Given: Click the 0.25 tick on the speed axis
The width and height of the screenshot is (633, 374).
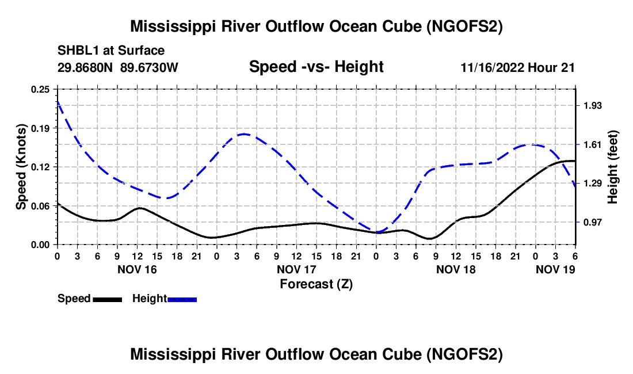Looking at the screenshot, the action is point(40,89).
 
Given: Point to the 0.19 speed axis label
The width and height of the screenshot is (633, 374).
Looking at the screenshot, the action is point(40,128).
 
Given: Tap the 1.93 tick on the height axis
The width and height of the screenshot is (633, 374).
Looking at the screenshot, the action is point(593,106).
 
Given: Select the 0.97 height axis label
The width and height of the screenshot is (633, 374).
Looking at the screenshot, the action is point(593,222).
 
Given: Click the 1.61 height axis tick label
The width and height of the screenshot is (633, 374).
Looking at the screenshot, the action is point(593,144).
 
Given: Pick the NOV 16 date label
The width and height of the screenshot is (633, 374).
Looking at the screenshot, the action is point(138,269).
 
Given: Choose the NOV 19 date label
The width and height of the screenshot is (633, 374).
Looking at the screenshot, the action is point(555,269).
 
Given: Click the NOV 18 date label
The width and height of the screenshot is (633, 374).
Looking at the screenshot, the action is point(456,269).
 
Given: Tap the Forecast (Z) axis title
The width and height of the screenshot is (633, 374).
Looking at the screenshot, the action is point(316,284).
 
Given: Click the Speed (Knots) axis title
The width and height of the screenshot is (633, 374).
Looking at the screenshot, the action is point(21,167).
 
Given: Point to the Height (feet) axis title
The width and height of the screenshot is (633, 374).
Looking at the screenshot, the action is point(612,167).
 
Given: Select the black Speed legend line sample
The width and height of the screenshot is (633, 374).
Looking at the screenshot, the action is point(108,299).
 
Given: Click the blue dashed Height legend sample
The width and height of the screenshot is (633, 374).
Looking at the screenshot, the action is point(182,299).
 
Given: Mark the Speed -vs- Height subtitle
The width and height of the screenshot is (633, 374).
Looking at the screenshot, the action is point(316,67).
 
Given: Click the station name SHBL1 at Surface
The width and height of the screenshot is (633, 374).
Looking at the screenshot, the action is point(111,51).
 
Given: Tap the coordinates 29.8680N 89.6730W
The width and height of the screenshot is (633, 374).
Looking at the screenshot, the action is point(118,67).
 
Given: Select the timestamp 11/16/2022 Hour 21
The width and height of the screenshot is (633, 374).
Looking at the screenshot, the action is point(518,67).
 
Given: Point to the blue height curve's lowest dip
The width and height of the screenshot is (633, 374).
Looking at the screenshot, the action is point(377,232).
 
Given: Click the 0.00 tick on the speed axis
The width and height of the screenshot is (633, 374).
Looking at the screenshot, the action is point(40,245).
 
